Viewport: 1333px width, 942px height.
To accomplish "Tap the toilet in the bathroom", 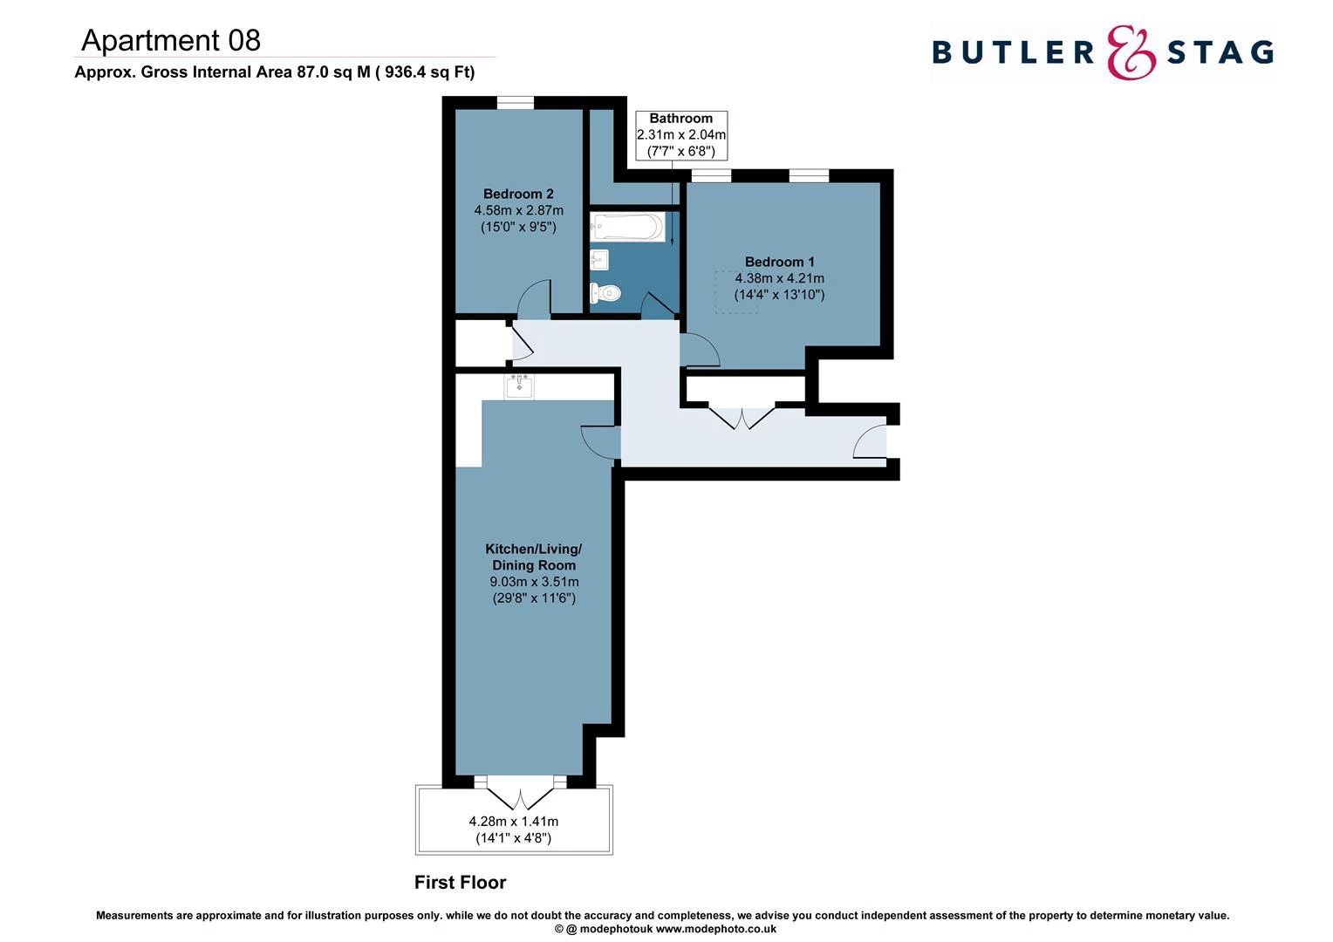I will pos(605,292).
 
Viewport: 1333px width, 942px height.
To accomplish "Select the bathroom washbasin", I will pos(599,259).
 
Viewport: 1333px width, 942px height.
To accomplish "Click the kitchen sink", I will pos(519,386).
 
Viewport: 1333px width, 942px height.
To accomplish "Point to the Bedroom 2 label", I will pos(518,195).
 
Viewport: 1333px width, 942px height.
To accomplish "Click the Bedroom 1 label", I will pos(779,262).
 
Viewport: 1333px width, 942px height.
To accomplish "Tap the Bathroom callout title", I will pos(680,119).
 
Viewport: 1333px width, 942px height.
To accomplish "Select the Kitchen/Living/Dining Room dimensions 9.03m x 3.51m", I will pos(534,582).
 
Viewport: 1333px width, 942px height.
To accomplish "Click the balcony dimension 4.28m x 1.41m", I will pos(514,822).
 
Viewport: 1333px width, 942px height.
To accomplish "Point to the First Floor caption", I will pos(460,883).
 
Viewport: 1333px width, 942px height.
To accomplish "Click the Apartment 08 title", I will pos(171,40).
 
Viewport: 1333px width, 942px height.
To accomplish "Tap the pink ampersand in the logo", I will pos(1131,52).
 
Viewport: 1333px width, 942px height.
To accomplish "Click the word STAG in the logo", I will pos(1220,53).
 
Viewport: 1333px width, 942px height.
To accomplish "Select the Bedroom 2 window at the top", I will pos(515,103).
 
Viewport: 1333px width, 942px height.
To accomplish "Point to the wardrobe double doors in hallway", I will pos(742,417).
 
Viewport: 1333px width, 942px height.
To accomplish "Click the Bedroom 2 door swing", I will pos(534,298).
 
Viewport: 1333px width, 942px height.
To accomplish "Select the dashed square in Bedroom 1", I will pos(736,292).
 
